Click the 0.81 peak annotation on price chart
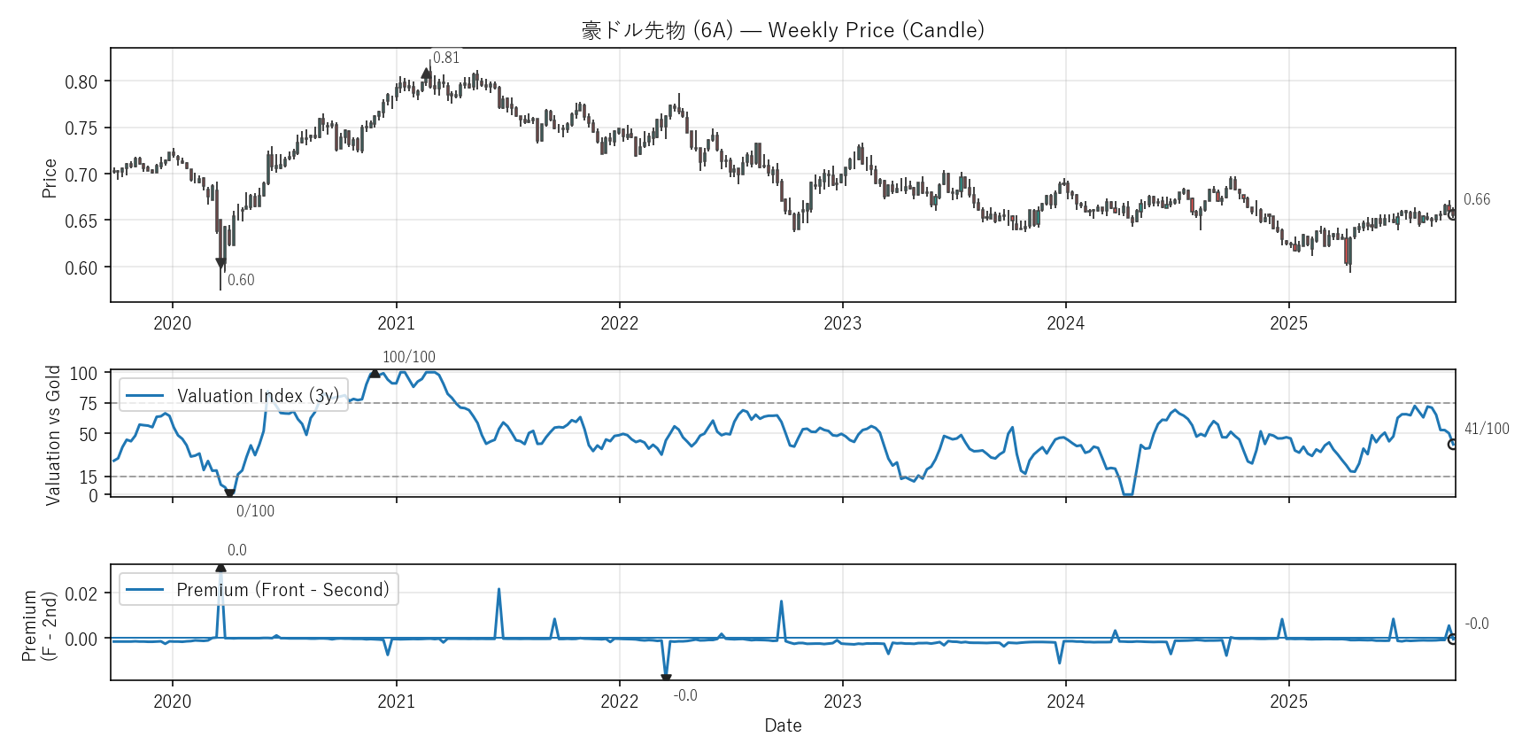click(x=446, y=58)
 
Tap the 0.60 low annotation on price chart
click(x=241, y=280)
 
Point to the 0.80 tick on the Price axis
click(x=81, y=82)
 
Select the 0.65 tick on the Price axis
click(x=81, y=221)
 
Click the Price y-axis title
click(x=50, y=178)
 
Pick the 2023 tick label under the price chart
click(x=842, y=323)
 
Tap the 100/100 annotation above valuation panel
click(x=408, y=357)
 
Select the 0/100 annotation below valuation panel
click(x=255, y=511)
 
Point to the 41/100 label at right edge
click(x=1487, y=429)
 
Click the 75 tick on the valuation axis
click(x=88, y=404)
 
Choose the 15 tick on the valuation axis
click(x=88, y=477)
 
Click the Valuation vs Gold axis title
click(x=53, y=435)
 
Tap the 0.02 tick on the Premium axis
click(x=81, y=593)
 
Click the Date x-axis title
click(x=783, y=725)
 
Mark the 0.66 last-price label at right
click(x=1477, y=199)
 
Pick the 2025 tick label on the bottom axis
click(x=1288, y=702)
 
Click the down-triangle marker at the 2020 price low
click(x=221, y=263)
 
